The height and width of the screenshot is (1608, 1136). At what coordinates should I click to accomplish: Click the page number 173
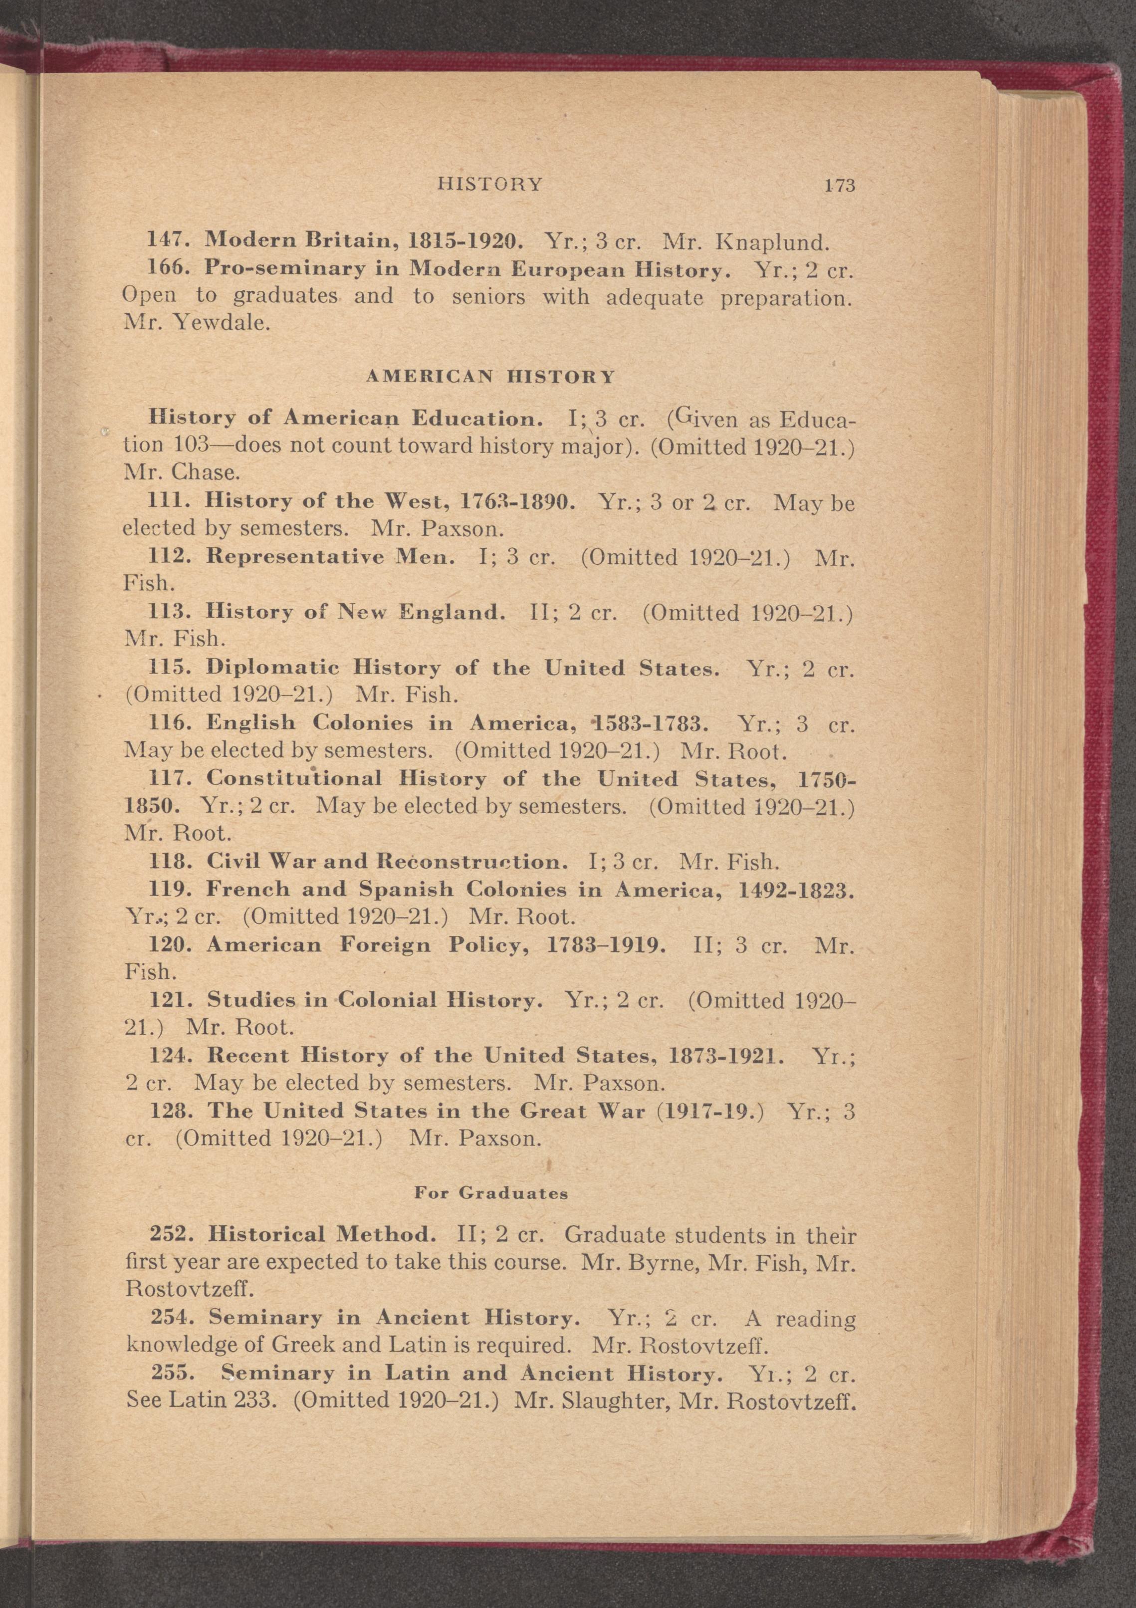841,186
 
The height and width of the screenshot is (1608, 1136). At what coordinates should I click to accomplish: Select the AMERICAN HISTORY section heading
490,377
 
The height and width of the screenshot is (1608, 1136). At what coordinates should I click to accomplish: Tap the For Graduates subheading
491,1193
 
